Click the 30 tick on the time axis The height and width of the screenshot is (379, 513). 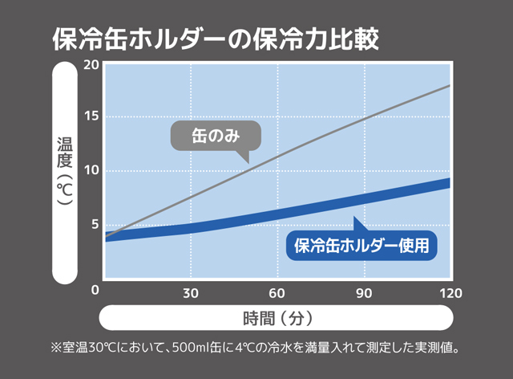click(191, 291)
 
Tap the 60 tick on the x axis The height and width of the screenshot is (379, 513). click(277, 291)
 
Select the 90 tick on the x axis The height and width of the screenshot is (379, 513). click(364, 291)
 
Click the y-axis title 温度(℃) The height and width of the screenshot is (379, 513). click(66, 172)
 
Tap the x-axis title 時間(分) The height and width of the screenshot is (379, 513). click(277, 318)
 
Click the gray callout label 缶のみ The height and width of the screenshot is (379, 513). click(216, 137)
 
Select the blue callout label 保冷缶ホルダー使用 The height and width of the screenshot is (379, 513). click(362, 245)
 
